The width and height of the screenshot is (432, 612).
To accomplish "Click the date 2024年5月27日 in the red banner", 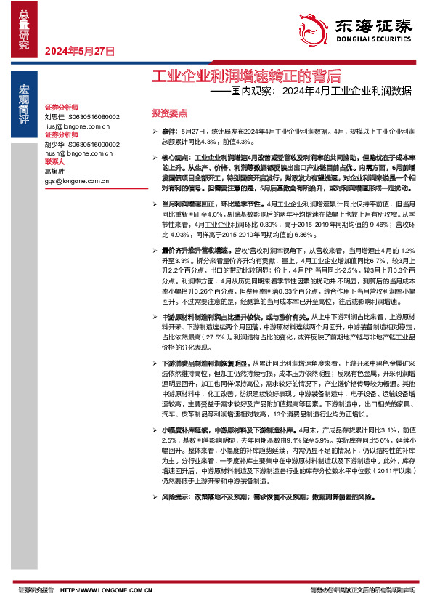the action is point(81,52).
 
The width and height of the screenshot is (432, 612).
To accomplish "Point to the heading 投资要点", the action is point(169,114).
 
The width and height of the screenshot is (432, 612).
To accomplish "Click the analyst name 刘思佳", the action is point(54,116).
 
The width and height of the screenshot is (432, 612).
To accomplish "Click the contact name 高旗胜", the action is point(54,172).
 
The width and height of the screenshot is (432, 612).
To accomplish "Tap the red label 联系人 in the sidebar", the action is point(55,163).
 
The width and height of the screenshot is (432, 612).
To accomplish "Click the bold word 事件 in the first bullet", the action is point(169,130).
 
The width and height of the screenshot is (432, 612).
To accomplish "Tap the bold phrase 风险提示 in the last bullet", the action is point(176,496).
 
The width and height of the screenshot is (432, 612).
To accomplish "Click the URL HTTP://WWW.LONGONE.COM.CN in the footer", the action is point(107,591).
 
